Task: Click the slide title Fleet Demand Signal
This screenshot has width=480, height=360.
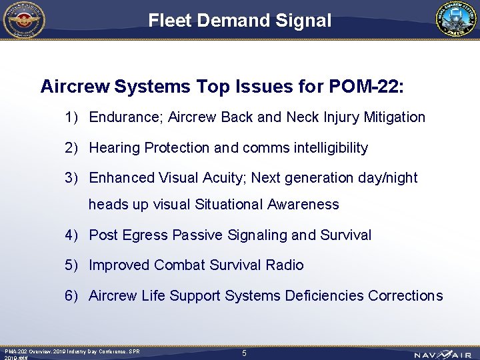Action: point(239,21)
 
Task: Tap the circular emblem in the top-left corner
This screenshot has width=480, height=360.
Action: point(24,19)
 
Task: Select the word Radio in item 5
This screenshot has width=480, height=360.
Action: point(285,265)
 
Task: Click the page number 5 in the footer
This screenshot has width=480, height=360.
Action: point(244,353)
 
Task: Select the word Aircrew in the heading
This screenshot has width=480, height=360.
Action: point(75,87)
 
